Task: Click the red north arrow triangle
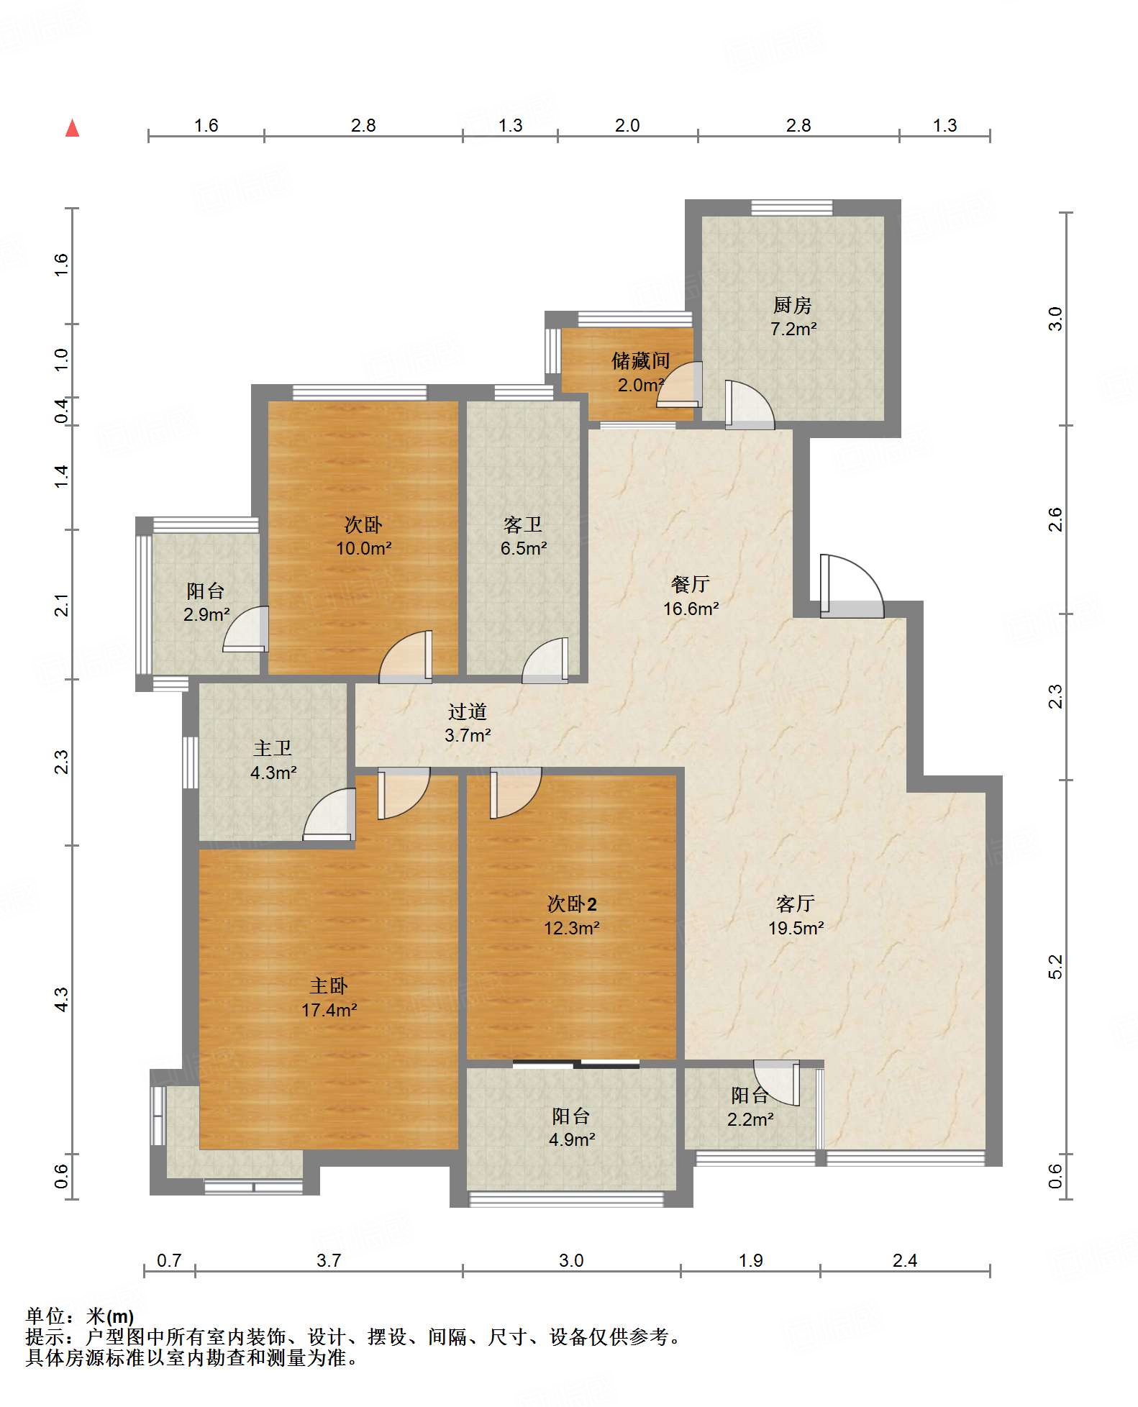72,128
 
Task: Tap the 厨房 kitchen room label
793,305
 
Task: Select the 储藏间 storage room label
640,360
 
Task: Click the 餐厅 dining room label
691,584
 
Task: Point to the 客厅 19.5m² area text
796,928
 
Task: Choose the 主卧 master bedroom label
329,985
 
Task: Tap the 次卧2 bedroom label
572,903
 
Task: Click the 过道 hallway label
468,711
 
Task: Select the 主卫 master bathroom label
273,748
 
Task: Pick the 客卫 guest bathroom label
523,524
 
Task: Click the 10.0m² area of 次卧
364,548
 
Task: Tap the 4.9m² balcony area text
572,1139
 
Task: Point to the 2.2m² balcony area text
750,1119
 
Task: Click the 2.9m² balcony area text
206,614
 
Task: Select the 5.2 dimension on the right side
1055,967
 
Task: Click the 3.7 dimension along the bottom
329,1260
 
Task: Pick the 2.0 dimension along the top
627,125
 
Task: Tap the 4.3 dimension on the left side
62,999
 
